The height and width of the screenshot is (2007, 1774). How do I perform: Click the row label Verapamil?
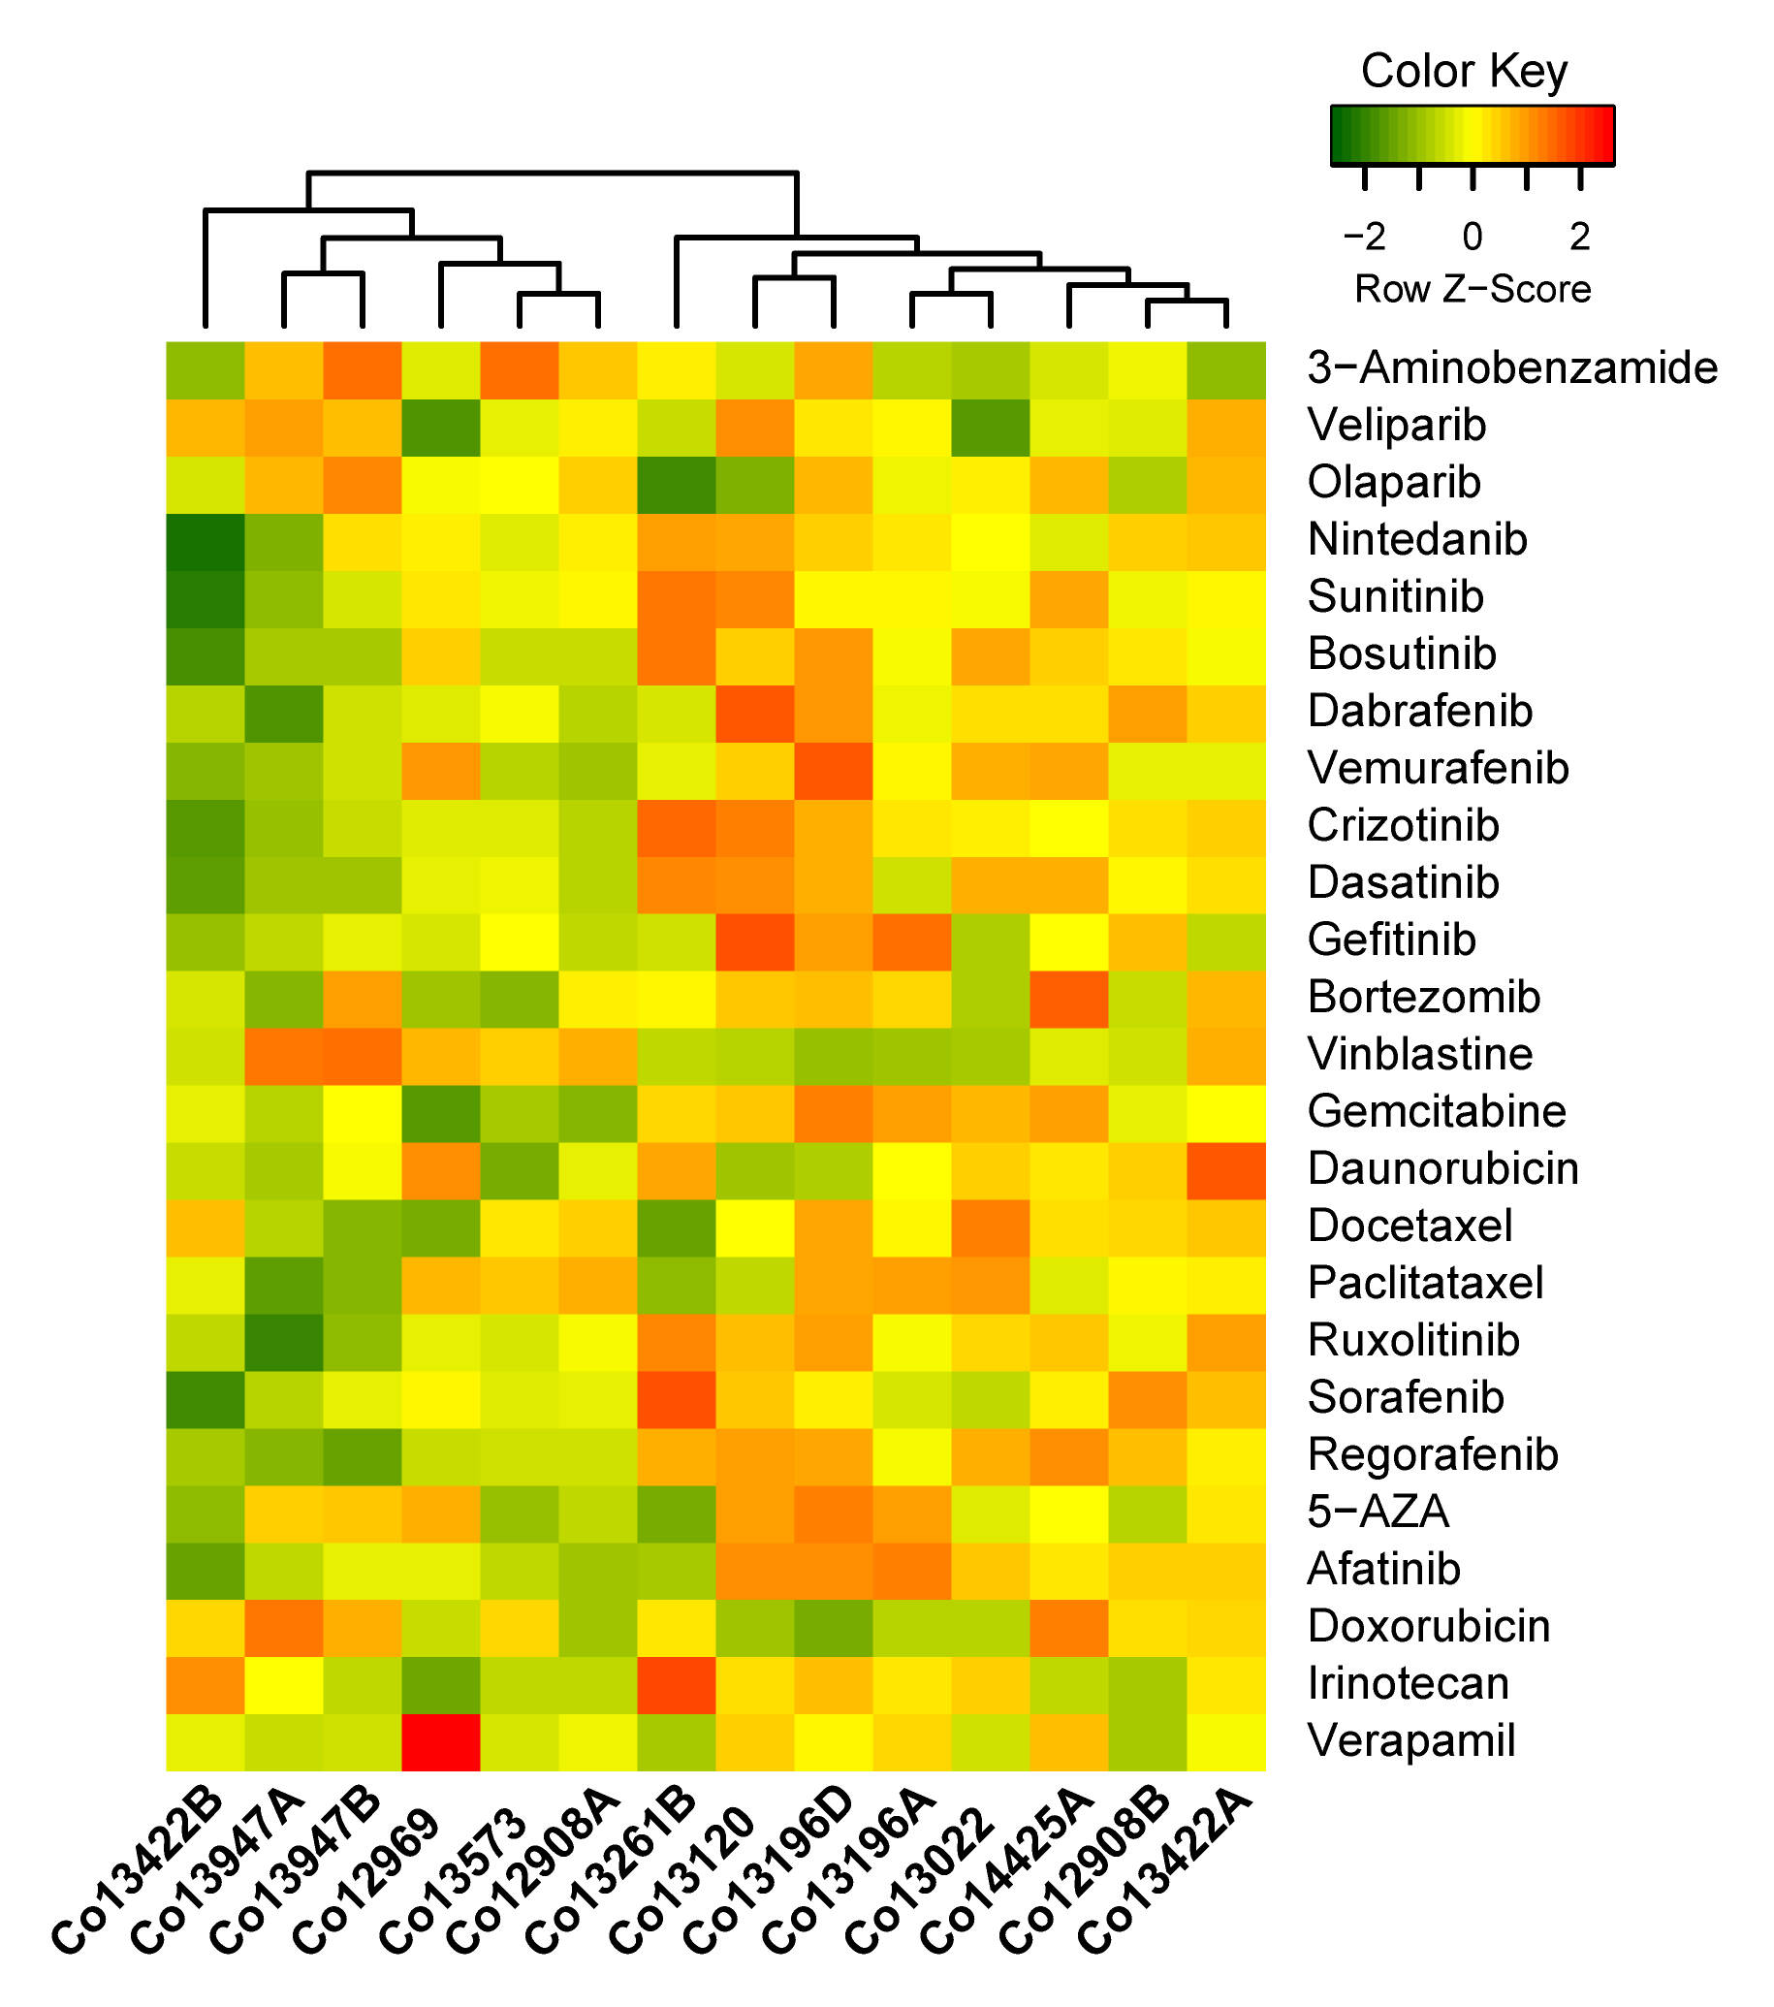pyautogui.click(x=1410, y=1741)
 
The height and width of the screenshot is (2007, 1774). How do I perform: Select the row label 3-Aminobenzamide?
pyautogui.click(x=1512, y=368)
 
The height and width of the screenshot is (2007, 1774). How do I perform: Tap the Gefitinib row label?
pyautogui.click(x=1391, y=940)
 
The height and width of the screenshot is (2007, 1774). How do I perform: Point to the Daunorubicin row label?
pyautogui.click(x=1442, y=1168)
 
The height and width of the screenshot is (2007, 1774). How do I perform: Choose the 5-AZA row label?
pyautogui.click(x=1378, y=1513)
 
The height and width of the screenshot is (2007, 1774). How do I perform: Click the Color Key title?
pyautogui.click(x=1463, y=72)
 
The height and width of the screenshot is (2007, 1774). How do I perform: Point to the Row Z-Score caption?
pyautogui.click(x=1472, y=290)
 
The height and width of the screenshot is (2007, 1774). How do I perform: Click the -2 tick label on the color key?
pyautogui.click(x=1364, y=237)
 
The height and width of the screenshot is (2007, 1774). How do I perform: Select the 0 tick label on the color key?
pyautogui.click(x=1472, y=237)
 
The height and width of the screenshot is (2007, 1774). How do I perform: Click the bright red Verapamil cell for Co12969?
pyautogui.click(x=441, y=1741)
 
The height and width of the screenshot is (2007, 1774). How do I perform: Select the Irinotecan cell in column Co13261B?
pyautogui.click(x=677, y=1684)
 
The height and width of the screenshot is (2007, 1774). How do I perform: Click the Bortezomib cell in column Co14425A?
pyautogui.click(x=1069, y=998)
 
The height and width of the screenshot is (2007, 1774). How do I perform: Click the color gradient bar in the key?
pyautogui.click(x=1472, y=135)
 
